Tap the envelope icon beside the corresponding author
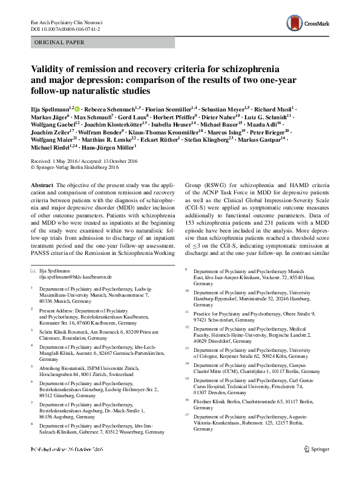pyautogui.click(x=33, y=270)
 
